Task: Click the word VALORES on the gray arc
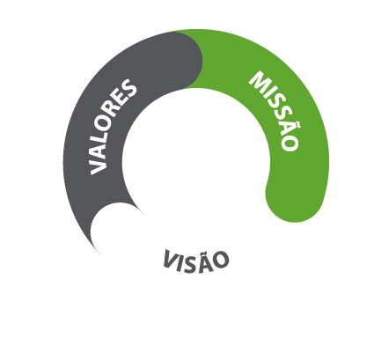click(x=114, y=127)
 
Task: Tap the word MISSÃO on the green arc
click(x=275, y=111)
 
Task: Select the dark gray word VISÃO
click(x=196, y=261)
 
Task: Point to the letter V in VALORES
click(x=98, y=165)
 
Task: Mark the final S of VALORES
click(x=129, y=85)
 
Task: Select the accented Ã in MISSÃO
click(x=289, y=128)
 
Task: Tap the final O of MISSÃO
click(x=290, y=143)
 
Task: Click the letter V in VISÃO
click(x=170, y=258)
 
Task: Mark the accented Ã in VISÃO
click(x=204, y=262)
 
